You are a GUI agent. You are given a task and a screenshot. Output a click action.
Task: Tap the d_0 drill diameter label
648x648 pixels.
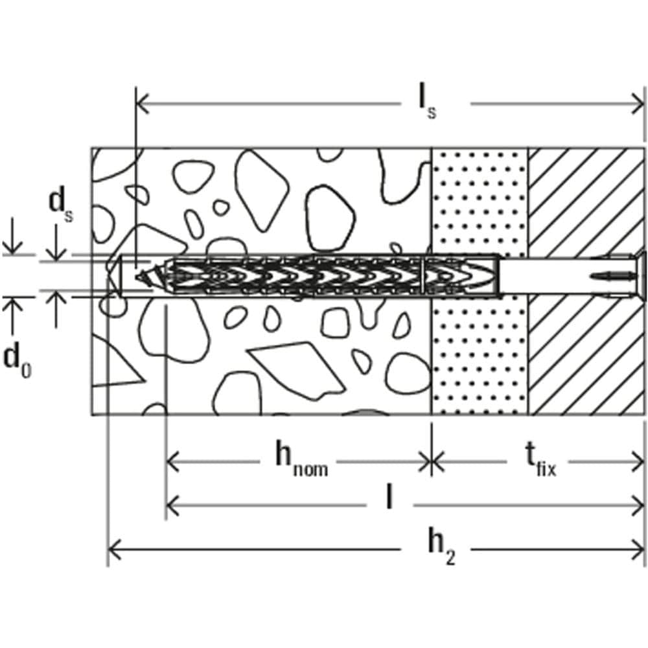[18, 360]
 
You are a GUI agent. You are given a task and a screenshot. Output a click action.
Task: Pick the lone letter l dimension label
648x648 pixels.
[388, 498]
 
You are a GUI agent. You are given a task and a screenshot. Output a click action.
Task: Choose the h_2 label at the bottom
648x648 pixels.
[441, 548]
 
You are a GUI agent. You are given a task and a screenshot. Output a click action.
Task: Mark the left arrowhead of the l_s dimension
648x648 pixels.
[143, 102]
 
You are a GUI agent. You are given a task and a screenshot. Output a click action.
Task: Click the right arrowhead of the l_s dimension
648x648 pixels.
[638, 102]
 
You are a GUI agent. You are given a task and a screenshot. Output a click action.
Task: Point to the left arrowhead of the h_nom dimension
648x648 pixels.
[173, 462]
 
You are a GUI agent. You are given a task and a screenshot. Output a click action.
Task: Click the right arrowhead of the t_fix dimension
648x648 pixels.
[638, 462]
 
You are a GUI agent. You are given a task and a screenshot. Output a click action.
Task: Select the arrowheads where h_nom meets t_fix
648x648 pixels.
[432, 462]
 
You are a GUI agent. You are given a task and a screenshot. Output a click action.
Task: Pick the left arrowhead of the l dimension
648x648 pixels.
[173, 502]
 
